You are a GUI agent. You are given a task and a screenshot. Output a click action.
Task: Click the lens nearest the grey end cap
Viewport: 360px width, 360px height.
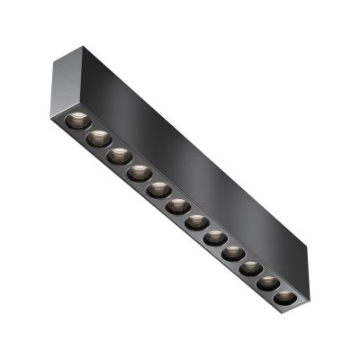click(x=75, y=120)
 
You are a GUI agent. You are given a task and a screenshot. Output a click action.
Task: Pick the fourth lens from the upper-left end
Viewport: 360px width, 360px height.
click(x=137, y=171)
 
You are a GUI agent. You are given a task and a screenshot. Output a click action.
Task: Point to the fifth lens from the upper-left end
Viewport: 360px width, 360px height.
click(x=157, y=188)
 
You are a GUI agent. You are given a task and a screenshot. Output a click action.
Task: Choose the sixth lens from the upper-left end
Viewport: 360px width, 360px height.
click(x=177, y=205)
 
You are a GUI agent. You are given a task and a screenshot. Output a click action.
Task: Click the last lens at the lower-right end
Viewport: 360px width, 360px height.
click(x=283, y=296)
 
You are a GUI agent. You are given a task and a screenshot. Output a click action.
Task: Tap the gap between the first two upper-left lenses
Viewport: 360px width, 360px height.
click(x=85, y=129)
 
